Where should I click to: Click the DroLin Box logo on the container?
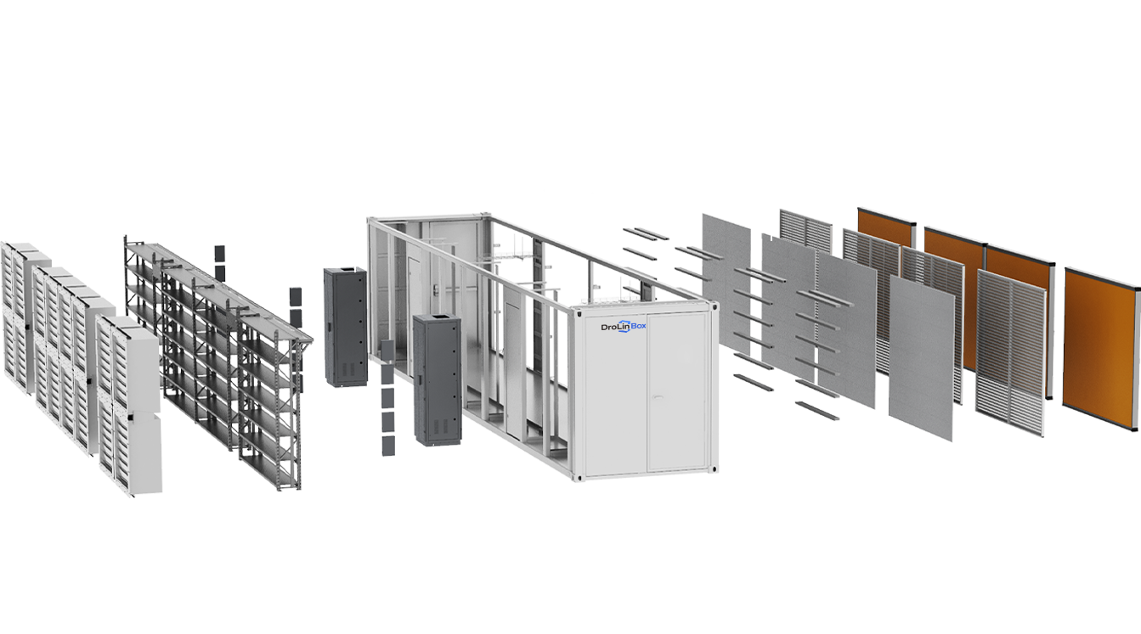point(623,327)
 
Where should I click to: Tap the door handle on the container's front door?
point(649,396)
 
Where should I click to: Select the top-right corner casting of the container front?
point(713,306)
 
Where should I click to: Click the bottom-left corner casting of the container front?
point(579,478)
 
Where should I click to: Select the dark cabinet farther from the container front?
point(345,327)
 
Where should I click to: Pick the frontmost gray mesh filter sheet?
point(921,356)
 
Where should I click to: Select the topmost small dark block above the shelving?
point(218,254)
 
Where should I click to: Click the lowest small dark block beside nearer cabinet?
point(388,444)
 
